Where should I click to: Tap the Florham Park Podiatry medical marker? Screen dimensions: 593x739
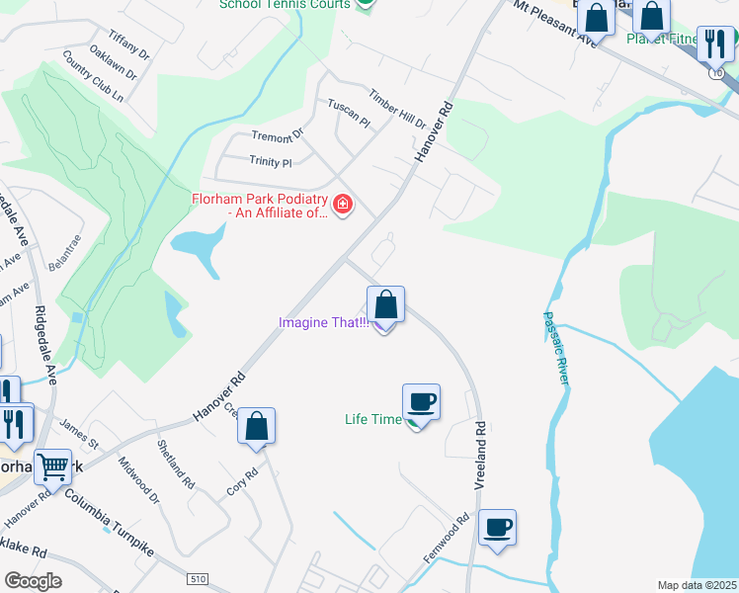[343, 206]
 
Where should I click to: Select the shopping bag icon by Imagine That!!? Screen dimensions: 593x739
[386, 303]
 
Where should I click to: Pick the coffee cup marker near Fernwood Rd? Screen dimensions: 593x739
[497, 527]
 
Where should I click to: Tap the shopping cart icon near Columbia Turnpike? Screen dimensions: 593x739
[52, 466]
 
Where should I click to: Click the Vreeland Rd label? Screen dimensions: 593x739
[480, 450]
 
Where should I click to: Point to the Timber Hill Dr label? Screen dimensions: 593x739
[397, 110]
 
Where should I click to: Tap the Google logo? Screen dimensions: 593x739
[33, 581]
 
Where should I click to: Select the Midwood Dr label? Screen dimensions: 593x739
[138, 479]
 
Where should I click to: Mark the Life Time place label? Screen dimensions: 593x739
[372, 419]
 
